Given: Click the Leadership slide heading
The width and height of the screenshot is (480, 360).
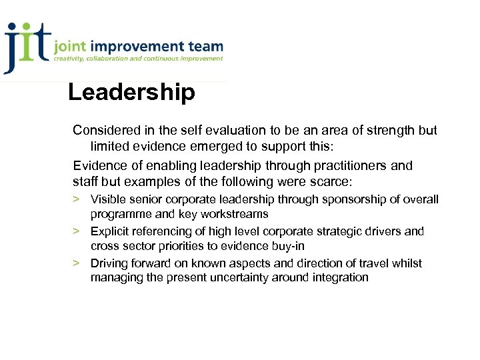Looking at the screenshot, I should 131,92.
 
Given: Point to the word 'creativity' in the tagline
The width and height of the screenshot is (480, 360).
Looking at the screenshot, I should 71,59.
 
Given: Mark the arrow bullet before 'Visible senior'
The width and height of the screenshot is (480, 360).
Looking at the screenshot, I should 77,199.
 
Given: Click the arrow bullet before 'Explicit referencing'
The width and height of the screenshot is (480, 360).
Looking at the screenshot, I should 77,231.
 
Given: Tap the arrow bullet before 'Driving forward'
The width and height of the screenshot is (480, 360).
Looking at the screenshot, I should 77,263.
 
